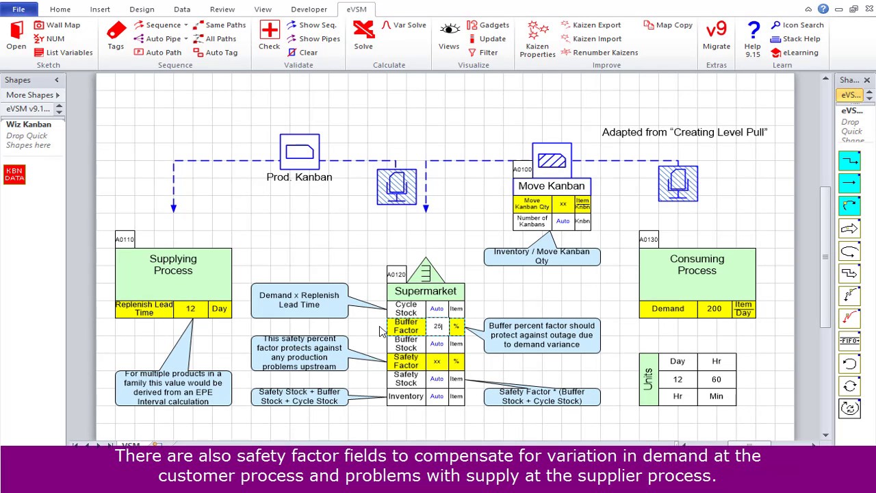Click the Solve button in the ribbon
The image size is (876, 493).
click(x=363, y=35)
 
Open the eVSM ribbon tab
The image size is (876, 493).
click(x=357, y=9)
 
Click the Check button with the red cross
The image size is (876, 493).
click(x=269, y=35)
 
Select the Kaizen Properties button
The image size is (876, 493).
click(x=537, y=39)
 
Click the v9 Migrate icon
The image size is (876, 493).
click(x=716, y=35)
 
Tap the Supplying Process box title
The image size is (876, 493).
click(x=173, y=265)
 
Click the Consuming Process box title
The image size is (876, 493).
click(x=697, y=265)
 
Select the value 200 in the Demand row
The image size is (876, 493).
click(x=714, y=309)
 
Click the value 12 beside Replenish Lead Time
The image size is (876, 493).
click(x=190, y=309)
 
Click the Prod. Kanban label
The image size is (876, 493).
click(x=299, y=177)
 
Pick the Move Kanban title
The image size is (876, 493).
click(x=551, y=186)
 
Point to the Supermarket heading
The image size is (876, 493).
click(x=425, y=292)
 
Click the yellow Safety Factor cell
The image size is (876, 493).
click(x=406, y=361)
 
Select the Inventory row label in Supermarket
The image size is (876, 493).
click(x=406, y=396)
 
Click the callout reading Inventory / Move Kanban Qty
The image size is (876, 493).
click(x=541, y=256)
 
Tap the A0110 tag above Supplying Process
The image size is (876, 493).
click(x=125, y=239)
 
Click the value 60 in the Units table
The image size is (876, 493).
click(x=716, y=379)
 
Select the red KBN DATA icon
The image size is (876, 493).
click(x=14, y=175)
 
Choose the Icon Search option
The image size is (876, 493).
click(x=797, y=25)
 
